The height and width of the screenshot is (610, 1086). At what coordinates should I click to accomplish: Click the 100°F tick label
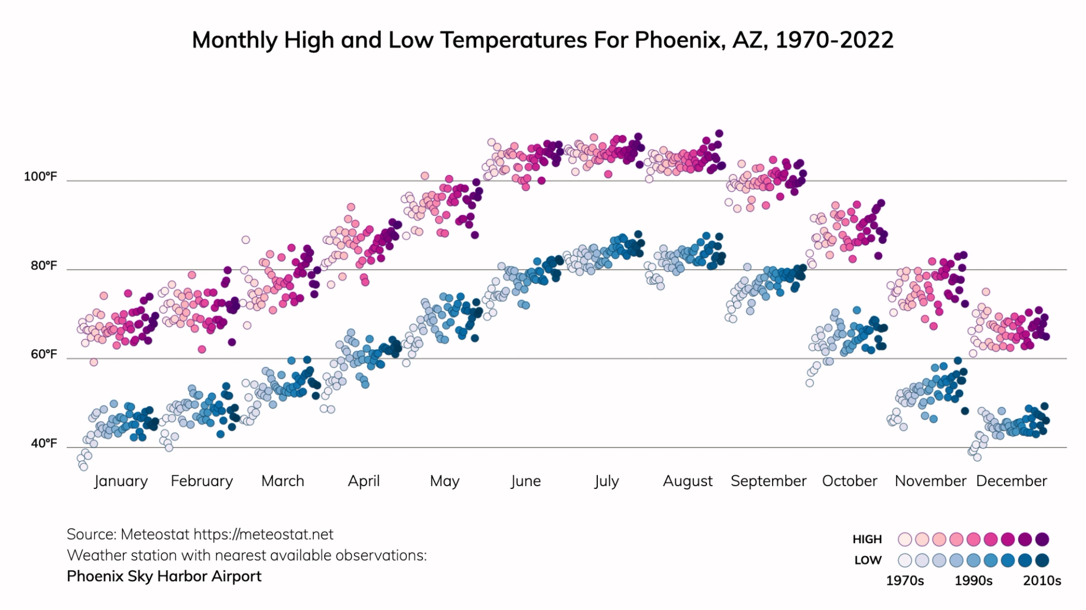coord(40,177)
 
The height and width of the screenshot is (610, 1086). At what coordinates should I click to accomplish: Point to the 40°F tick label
coord(44,443)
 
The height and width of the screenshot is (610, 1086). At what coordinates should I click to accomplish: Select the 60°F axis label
coord(44,354)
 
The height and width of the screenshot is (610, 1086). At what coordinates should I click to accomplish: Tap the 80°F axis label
coord(44,265)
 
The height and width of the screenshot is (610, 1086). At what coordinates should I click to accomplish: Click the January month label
coord(120,481)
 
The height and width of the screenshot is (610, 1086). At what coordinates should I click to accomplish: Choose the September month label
coord(768,481)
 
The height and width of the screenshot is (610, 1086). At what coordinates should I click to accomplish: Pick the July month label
coord(606,481)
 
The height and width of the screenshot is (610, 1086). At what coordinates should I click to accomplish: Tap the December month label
coord(1011,481)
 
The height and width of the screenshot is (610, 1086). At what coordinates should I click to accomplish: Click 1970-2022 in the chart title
coord(834,40)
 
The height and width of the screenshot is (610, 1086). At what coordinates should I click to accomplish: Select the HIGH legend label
coord(867,539)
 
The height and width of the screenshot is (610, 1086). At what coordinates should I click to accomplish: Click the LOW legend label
coord(868,560)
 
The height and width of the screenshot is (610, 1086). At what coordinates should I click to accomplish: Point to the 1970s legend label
coord(904,581)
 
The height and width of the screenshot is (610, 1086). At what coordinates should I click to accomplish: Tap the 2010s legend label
coord(1042,581)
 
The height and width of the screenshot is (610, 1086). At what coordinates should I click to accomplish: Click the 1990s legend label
coord(973,581)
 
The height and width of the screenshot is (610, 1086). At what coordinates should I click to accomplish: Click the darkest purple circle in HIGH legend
coord(1042,539)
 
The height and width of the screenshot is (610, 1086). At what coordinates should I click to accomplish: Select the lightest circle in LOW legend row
coord(905,560)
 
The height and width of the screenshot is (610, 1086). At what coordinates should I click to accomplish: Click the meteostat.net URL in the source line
coord(263,534)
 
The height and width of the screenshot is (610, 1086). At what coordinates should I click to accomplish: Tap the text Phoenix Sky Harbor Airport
coord(164,576)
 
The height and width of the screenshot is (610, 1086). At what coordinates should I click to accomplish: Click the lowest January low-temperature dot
coord(84,466)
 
